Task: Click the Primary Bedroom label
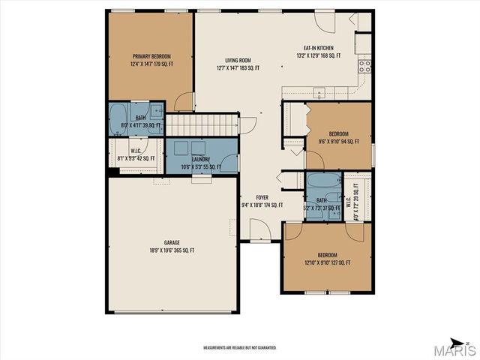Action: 152,56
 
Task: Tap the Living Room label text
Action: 238,61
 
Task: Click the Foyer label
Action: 261,198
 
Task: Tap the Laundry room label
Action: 200,159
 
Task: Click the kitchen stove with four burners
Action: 365,65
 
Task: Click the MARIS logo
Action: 455,350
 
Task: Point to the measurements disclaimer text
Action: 240,348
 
